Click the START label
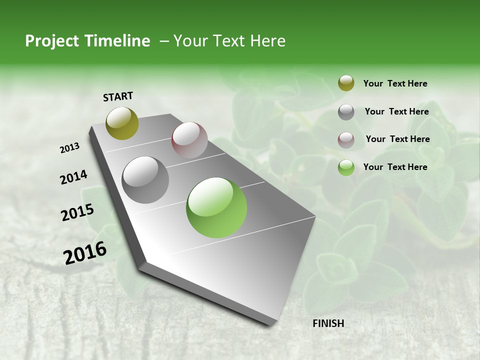pos(118,96)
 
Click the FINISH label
pos(328,323)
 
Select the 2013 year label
pos(69,148)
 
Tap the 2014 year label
pos(73,177)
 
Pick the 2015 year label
pos(77,212)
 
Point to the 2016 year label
pos(84,253)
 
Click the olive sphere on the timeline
pos(122,123)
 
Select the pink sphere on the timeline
pos(189,140)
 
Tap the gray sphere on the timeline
pos(145,180)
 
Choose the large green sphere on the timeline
pos(216,207)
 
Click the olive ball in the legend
pos(346,83)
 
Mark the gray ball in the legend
pos(346,112)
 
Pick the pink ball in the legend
pos(346,140)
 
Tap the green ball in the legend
pos(346,167)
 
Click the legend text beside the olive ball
pos(395,83)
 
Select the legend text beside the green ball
pos(395,167)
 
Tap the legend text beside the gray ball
pos(396,111)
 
